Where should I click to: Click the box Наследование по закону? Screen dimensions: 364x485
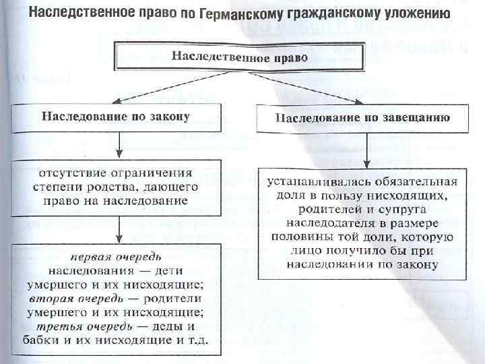coord(116,116)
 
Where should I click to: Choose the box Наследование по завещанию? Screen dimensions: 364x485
coord(362,119)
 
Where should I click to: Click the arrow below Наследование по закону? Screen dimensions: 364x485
coord(119,144)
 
